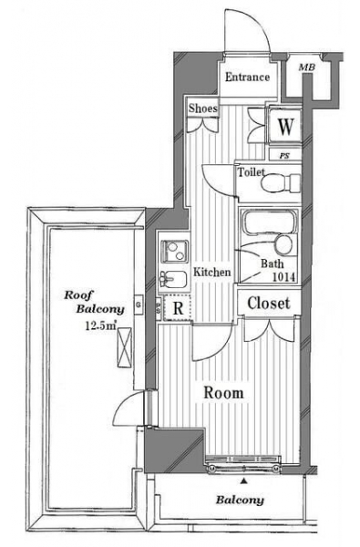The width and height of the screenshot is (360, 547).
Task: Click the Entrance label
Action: pos(247,77)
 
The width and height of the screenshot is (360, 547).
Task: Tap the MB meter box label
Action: pos(306,67)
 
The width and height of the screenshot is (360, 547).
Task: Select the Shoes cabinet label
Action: pos(203,108)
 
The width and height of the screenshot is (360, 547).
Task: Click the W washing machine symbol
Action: pos(285,126)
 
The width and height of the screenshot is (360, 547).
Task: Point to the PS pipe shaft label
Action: pos(284,156)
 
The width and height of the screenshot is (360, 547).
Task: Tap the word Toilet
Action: pos(251,172)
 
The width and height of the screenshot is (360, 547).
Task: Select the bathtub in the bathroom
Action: pos(269,222)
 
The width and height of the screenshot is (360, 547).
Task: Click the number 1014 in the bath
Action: pos(283,277)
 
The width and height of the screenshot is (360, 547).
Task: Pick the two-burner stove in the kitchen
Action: pos(174,252)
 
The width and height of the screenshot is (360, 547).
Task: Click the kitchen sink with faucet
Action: pos(173,279)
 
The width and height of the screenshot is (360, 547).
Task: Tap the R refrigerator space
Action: pos(178,308)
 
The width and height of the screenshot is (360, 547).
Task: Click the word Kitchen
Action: pos(212,272)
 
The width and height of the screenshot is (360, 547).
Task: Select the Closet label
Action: pos(269,304)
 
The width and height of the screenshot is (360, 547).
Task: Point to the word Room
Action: pos(223,393)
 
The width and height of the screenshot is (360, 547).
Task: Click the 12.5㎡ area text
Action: pos(101,325)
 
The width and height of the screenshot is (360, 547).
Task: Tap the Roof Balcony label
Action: pos(94,302)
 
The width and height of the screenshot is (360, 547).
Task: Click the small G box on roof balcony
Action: pos(139,304)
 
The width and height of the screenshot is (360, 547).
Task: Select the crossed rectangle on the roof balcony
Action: pos(125,347)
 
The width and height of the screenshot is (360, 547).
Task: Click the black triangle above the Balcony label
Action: pos(244,481)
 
